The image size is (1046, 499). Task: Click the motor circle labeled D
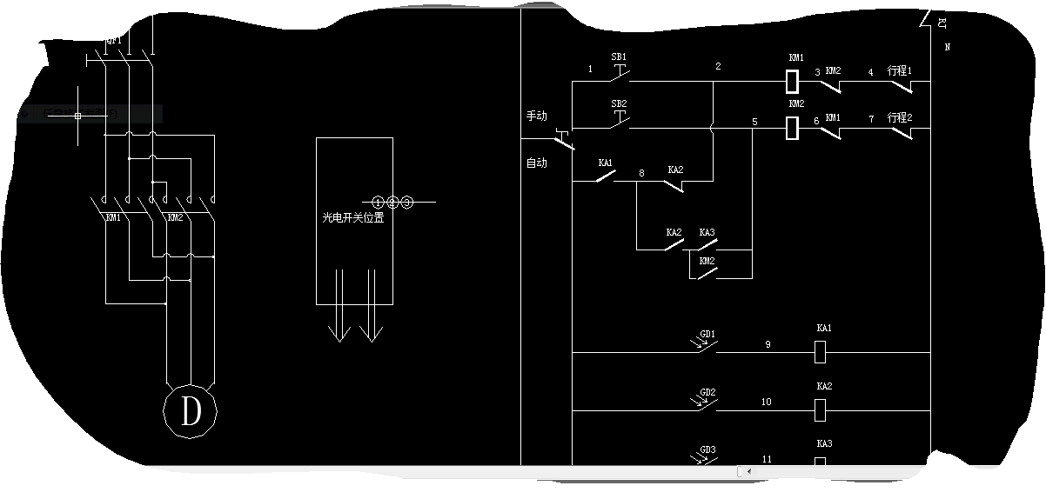pyautogui.click(x=191, y=410)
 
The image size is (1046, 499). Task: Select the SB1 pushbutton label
pyautogui.click(x=619, y=57)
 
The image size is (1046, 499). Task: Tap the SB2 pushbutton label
pyautogui.click(x=619, y=103)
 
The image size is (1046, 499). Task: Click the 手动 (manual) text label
pyautogui.click(x=537, y=116)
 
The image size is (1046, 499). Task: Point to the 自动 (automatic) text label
pyautogui.click(x=537, y=163)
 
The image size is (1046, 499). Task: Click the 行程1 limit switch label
pyautogui.click(x=900, y=70)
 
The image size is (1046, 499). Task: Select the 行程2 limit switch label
pyautogui.click(x=900, y=117)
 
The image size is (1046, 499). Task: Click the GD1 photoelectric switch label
pyautogui.click(x=707, y=334)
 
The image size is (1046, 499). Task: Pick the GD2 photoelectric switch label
pyautogui.click(x=707, y=392)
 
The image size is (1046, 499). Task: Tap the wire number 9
pyautogui.click(x=768, y=345)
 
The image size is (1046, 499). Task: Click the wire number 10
pyautogui.click(x=766, y=403)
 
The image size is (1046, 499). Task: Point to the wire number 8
pyautogui.click(x=641, y=174)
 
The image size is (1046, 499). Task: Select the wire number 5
pyautogui.click(x=754, y=123)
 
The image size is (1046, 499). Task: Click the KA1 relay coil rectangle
pyautogui.click(x=819, y=353)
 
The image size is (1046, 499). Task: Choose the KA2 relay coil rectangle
pyautogui.click(x=819, y=408)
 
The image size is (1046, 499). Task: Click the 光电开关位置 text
pyautogui.click(x=353, y=218)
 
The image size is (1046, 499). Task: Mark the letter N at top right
pyautogui.click(x=947, y=48)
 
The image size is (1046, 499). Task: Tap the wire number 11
pyautogui.click(x=767, y=459)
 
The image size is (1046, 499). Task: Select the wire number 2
pyautogui.click(x=718, y=67)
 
